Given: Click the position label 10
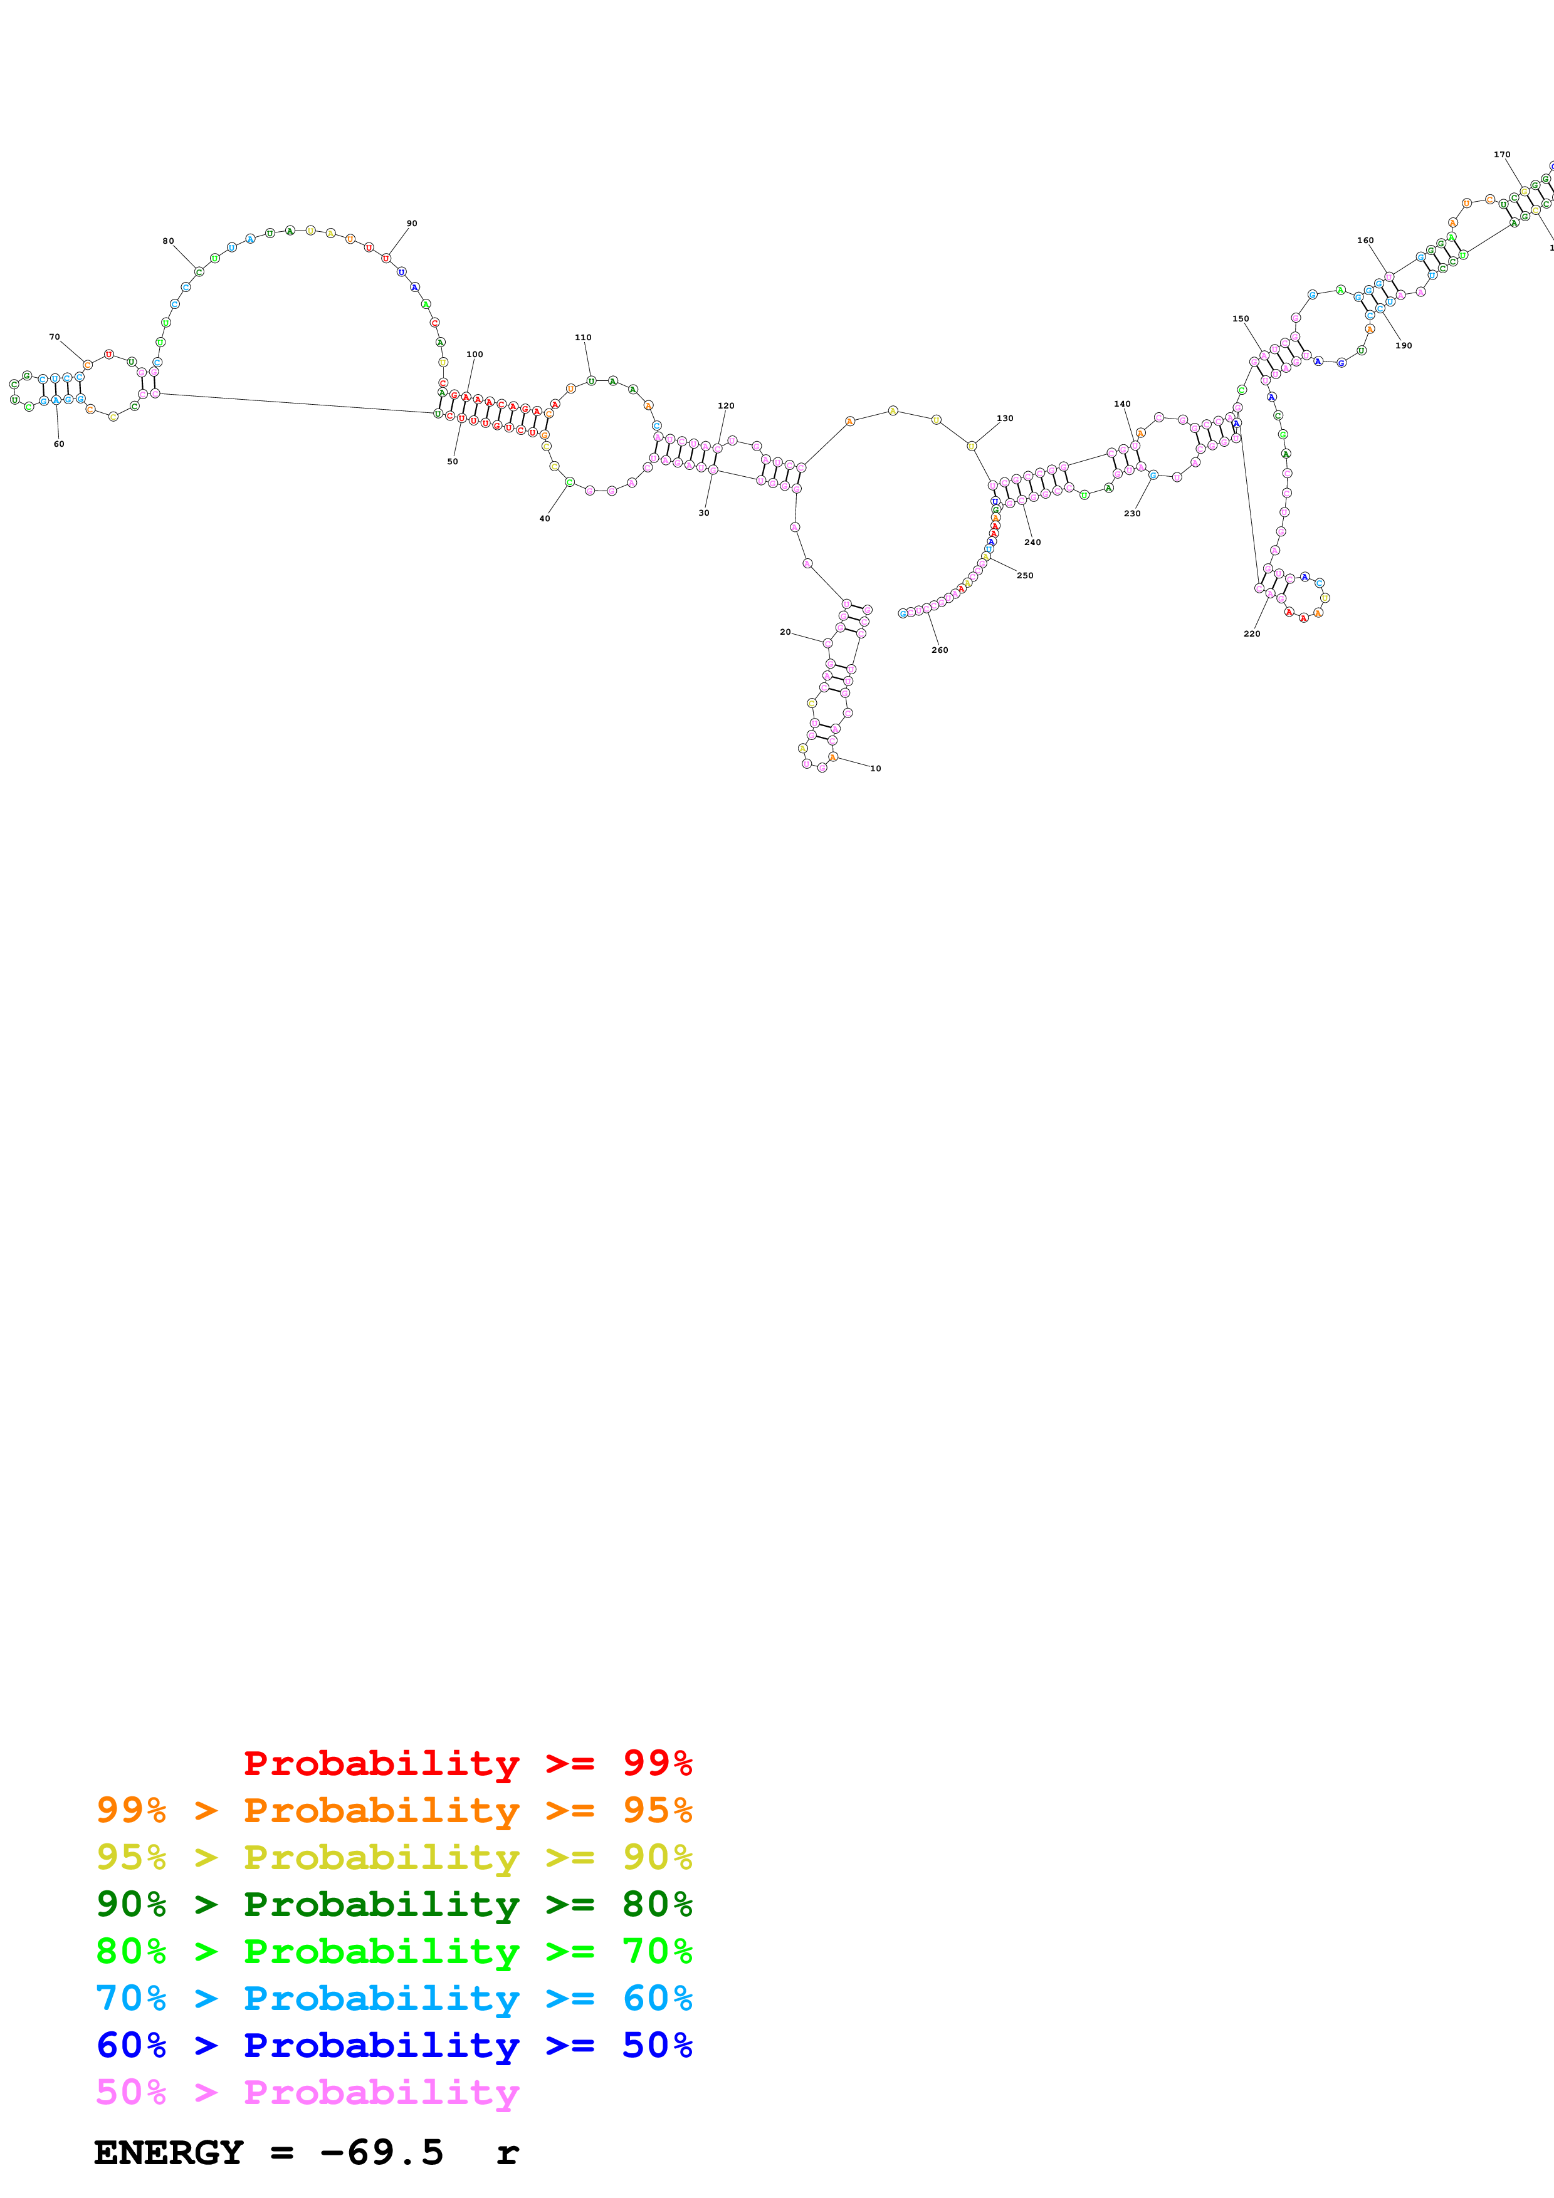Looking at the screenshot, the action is (875, 769).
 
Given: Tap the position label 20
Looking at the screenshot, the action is (785, 632).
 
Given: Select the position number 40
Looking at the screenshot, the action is (545, 519).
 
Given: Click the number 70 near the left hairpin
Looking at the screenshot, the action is (55, 337).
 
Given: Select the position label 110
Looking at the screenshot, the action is (583, 338).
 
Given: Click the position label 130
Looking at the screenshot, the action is (1004, 419).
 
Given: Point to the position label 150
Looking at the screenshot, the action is (1240, 319).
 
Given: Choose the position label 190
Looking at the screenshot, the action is (1404, 346).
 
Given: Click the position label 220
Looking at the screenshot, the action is (1251, 633).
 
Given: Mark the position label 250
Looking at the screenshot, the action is (1024, 575).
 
